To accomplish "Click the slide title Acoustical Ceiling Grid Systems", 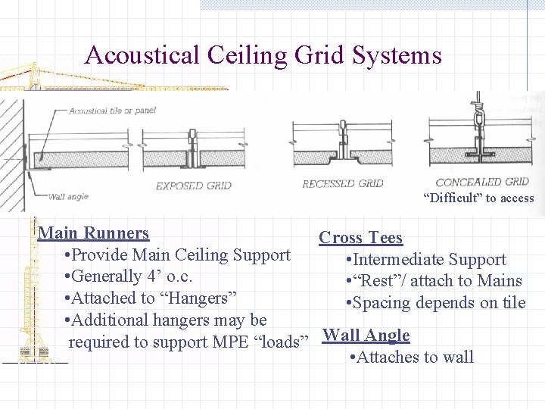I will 263,55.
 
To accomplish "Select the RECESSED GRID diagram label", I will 342,183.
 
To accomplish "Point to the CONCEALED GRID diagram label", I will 482,182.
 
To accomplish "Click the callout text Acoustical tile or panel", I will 113,110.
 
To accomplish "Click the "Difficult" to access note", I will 478,198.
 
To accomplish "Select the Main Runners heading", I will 93,233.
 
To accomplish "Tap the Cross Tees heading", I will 360,237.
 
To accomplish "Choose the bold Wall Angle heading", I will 366,335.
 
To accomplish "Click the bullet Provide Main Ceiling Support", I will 178,255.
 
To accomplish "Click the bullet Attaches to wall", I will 413,357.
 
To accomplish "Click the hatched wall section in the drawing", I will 11,151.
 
